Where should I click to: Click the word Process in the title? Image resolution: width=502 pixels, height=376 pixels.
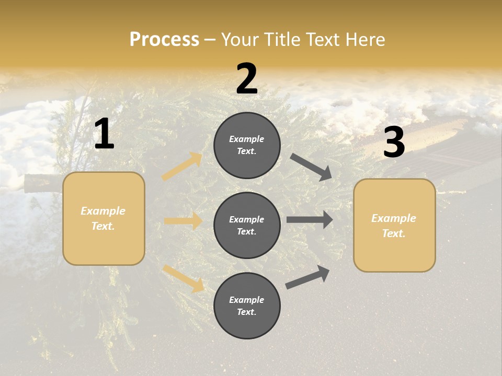(x=164, y=40)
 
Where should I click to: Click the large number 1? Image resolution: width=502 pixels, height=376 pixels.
(x=104, y=134)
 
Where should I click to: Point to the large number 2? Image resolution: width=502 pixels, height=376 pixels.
(x=247, y=79)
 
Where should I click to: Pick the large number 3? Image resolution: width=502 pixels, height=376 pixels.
(x=394, y=143)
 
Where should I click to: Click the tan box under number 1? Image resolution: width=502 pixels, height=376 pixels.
(x=104, y=218)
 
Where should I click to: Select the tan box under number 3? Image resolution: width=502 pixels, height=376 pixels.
(x=394, y=226)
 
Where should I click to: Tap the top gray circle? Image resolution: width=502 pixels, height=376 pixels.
(x=247, y=145)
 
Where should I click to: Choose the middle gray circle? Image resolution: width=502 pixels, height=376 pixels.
(x=247, y=226)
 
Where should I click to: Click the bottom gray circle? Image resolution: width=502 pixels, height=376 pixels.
(x=247, y=305)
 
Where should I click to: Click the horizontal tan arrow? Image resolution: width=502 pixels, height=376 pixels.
(x=183, y=221)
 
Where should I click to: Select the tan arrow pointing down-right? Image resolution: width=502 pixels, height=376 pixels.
(x=183, y=278)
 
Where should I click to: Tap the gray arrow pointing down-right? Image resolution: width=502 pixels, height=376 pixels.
(x=311, y=167)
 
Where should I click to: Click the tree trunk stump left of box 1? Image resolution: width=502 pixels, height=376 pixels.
(x=42, y=183)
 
